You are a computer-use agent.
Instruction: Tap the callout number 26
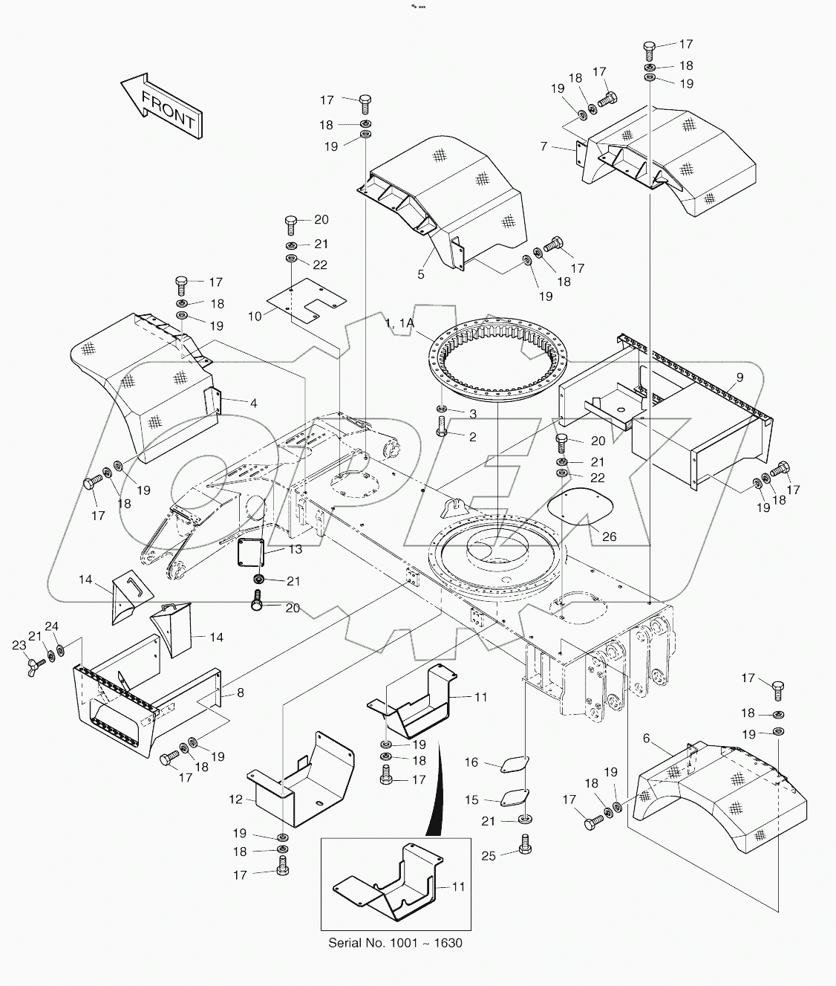coord(609,537)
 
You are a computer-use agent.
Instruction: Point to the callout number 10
coord(255,316)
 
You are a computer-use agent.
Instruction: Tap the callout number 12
coord(235,799)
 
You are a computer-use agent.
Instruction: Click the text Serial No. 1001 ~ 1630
coord(395,943)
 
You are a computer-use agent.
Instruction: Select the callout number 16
coord(472,762)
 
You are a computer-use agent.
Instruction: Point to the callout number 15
coord(472,800)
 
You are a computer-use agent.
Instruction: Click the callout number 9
coord(739,377)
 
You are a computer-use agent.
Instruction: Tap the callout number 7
coord(544,147)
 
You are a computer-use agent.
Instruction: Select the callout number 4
coord(253,403)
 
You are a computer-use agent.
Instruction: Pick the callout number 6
coord(646,738)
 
